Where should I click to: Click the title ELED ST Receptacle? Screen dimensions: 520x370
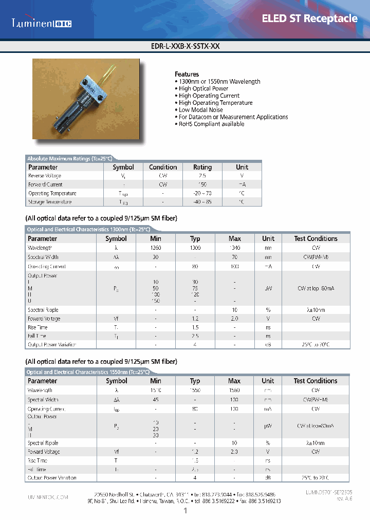tap(309, 18)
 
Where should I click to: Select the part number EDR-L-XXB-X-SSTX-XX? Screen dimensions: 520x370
tap(184, 46)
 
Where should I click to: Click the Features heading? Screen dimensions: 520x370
tap(187, 74)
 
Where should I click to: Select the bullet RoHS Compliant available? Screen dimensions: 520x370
tap(211, 124)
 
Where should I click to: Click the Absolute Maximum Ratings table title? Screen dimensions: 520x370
tap(69, 159)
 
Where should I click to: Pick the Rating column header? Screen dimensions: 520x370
tap(202, 167)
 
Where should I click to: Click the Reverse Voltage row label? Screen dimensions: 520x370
tap(45, 176)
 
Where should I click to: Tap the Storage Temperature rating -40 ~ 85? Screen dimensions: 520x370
tap(202, 202)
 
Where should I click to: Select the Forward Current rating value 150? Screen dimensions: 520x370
tap(202, 184)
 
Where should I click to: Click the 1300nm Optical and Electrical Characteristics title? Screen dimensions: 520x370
tap(88, 230)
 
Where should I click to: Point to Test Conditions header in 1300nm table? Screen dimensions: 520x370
tap(316, 238)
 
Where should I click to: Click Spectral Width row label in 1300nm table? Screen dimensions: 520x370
tap(43, 257)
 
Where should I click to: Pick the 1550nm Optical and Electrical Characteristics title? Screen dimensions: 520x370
tap(88, 372)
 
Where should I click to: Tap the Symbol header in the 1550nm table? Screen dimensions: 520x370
tap(117, 381)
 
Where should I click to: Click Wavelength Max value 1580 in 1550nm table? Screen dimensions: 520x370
tap(234, 390)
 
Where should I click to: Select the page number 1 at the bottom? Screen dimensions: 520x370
tap(185, 510)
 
